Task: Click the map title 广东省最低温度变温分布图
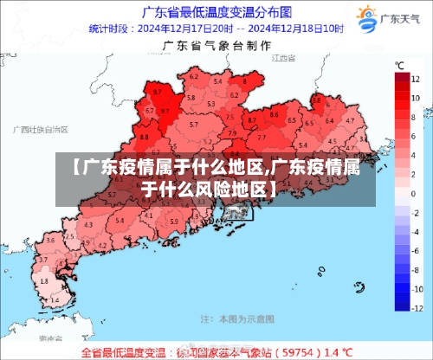tap(216, 11)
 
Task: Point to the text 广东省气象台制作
tap(216, 47)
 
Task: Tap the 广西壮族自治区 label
tap(40, 129)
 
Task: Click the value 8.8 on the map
tap(144, 136)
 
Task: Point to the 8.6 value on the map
tap(275, 113)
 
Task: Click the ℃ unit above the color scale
tap(400, 66)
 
